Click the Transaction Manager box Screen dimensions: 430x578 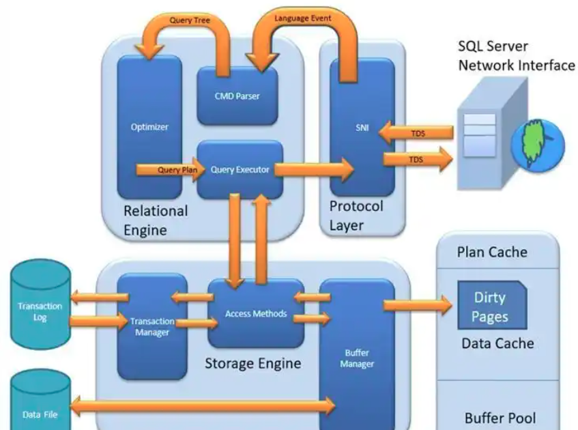coord(151,326)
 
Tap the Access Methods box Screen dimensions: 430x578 coord(255,315)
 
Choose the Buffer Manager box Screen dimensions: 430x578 coord(356,355)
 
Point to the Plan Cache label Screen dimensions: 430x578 coord(491,253)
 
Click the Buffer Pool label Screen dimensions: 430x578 coord(500,418)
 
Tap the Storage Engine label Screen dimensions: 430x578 coord(252,363)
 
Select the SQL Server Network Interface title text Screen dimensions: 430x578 coord(516,57)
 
